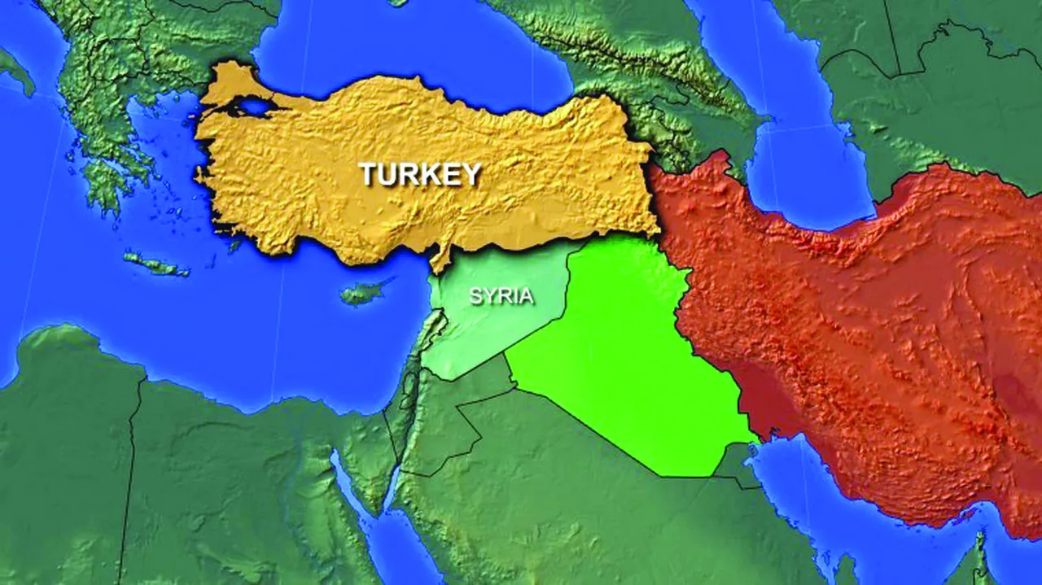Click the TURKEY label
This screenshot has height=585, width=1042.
click(x=421, y=173)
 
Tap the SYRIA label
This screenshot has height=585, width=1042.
click(x=501, y=295)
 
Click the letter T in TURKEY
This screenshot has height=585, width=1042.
click(x=369, y=173)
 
